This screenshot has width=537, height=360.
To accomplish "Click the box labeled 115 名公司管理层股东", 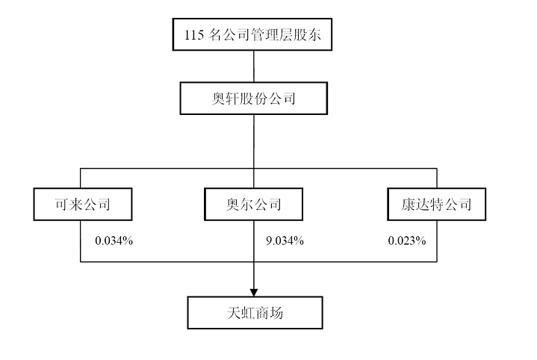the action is [252, 34].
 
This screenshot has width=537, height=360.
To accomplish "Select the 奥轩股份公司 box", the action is [254, 99].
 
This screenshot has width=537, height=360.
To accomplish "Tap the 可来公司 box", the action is [83, 204].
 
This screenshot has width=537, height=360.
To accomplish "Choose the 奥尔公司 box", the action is [253, 204].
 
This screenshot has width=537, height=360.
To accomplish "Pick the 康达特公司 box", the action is [437, 204].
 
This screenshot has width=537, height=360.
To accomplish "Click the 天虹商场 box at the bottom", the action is [255, 313].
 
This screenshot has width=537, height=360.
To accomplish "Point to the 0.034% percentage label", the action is [114, 240].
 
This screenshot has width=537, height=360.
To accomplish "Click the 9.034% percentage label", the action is [285, 240].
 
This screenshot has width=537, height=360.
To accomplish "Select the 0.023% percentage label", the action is [407, 240].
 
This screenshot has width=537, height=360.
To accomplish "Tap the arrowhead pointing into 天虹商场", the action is [254, 293].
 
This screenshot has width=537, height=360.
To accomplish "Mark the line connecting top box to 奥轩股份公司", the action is [254, 66].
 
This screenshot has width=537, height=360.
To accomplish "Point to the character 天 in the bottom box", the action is [234, 313].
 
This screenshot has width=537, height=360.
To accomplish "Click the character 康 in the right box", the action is [409, 205].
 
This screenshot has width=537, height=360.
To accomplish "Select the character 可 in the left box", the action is [62, 205].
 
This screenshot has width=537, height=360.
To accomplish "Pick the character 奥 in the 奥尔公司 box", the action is [232, 205].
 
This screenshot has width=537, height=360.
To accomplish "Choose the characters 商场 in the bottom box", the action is [269, 313].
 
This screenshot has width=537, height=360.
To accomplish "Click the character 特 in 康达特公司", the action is [436, 205].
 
